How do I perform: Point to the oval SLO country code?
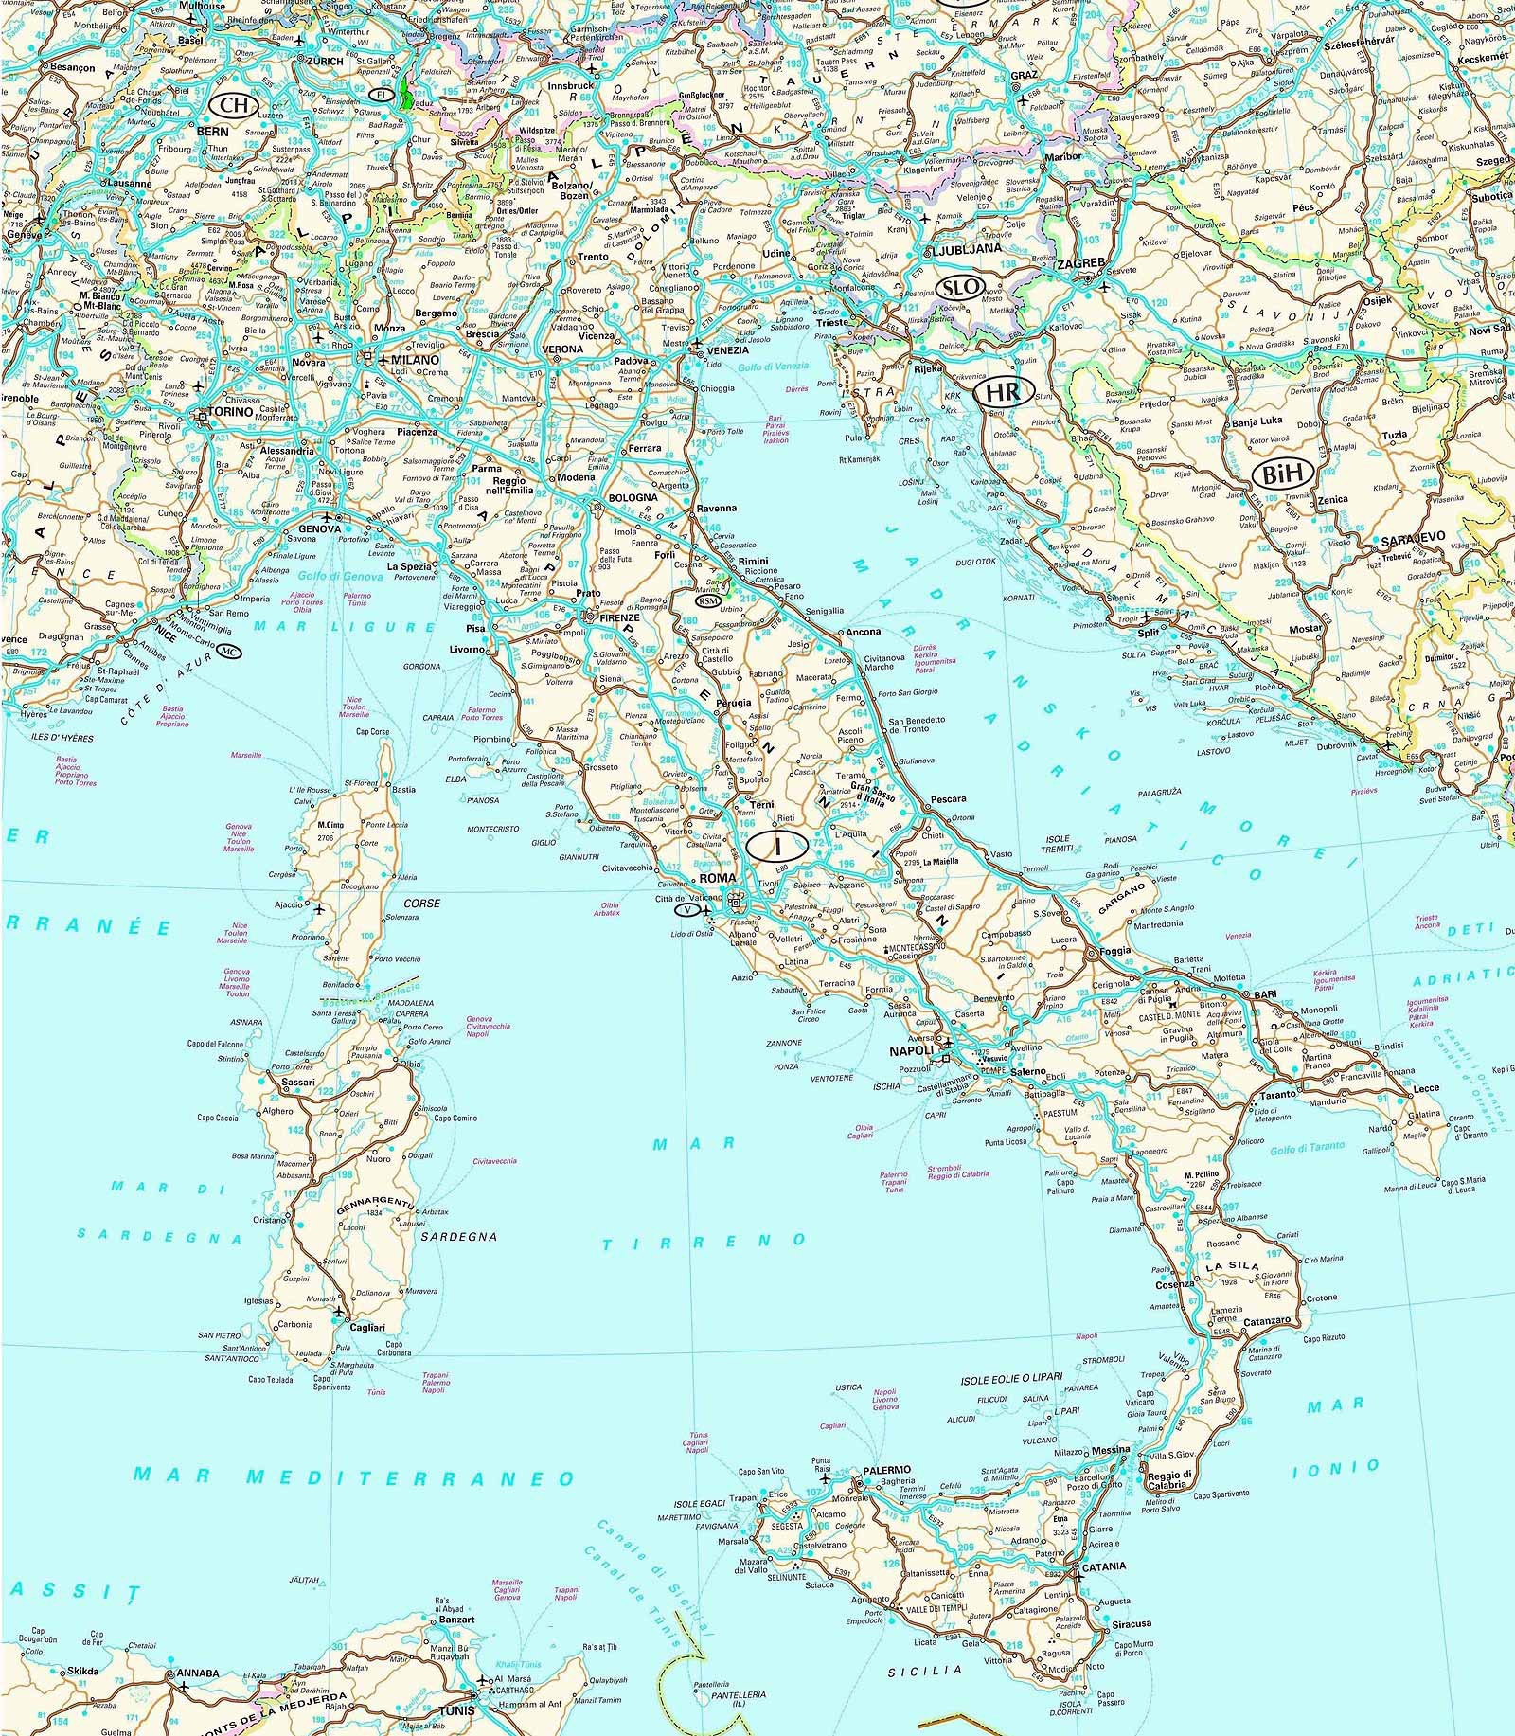[959, 288]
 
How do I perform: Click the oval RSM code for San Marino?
[707, 600]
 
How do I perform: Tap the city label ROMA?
[717, 878]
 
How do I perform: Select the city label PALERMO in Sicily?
[886, 1471]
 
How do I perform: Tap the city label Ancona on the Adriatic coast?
[863, 631]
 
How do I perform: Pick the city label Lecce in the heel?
[1426, 1089]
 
